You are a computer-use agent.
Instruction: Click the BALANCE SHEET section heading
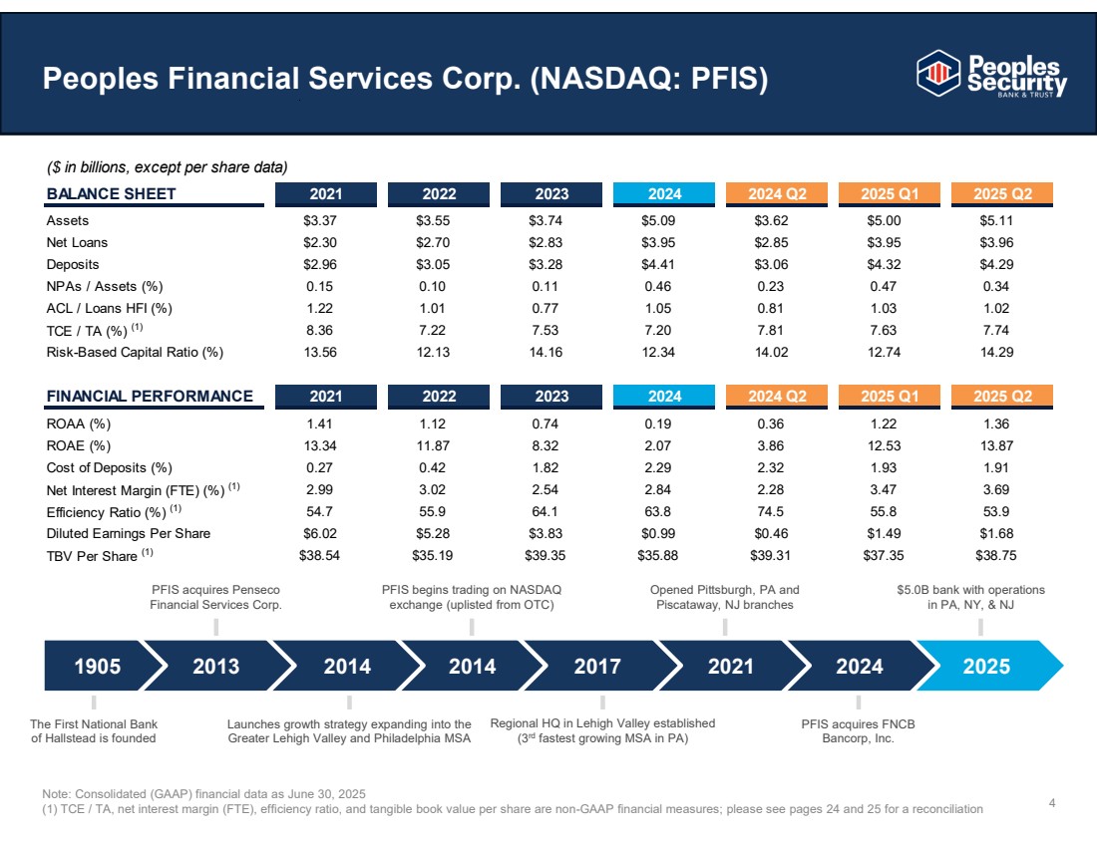tap(111, 193)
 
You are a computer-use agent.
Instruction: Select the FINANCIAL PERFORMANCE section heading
tap(150, 396)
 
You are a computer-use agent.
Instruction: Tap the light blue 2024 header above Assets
tap(664, 193)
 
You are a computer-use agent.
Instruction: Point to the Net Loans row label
tap(77, 242)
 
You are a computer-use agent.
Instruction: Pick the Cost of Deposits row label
tap(109, 467)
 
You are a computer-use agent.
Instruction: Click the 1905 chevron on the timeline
tap(97, 667)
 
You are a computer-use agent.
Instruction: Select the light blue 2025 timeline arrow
tap(986, 667)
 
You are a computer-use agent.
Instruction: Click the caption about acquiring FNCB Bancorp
tap(858, 730)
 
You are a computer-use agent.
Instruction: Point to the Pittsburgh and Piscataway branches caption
tap(724, 597)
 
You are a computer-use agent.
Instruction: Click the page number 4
tap(1053, 801)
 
